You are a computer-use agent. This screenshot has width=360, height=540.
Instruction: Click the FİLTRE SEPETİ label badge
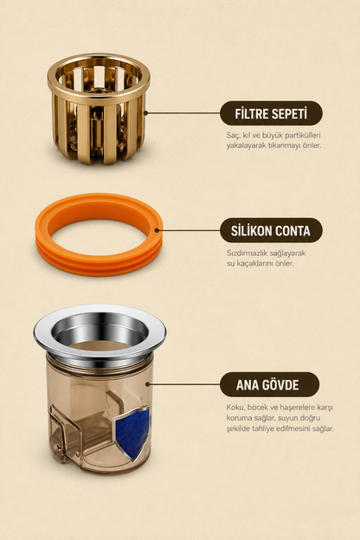click(x=271, y=113)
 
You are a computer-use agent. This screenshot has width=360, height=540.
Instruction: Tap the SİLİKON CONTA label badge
click(x=271, y=230)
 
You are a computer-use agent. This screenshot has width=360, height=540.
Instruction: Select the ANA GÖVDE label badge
click(x=269, y=384)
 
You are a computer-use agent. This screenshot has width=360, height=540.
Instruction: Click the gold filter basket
click(x=99, y=108)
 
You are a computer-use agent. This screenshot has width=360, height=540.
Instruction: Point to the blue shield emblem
click(x=132, y=433)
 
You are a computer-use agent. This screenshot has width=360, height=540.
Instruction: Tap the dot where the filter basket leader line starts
click(x=145, y=112)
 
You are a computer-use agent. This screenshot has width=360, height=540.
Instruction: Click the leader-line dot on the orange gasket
click(x=157, y=230)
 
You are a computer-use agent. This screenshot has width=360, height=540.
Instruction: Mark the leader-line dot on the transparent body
click(x=147, y=384)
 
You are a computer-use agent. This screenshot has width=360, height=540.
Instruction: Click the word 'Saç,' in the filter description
click(x=233, y=135)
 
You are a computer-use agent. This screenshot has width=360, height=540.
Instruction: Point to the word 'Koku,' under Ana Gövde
click(x=235, y=408)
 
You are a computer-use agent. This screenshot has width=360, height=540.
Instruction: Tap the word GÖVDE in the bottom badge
click(x=280, y=385)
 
